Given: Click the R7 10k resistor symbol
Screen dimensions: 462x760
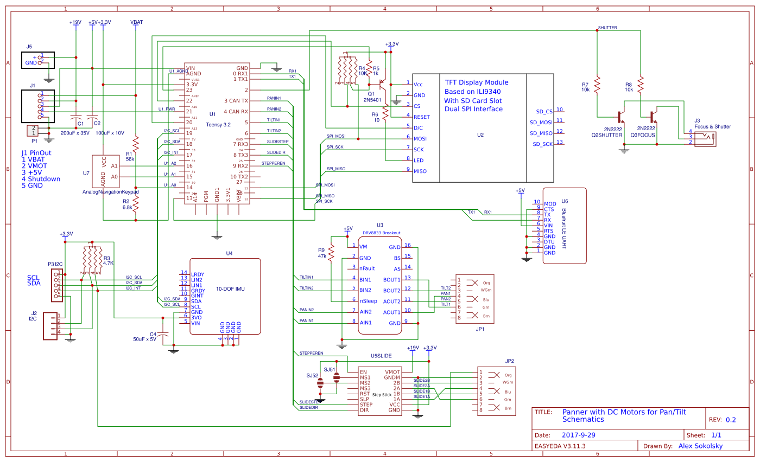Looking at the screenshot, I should [x=597, y=84].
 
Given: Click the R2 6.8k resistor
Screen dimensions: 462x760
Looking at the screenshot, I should [x=136, y=204].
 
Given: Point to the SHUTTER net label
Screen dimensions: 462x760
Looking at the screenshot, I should [x=607, y=27].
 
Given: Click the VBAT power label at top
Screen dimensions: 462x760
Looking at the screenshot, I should [x=137, y=22].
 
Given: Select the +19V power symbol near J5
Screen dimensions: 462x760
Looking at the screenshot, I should [x=75, y=22].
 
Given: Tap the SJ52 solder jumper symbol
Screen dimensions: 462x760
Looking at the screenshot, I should [x=320, y=383].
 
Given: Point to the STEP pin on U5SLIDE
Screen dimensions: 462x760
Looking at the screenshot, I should [x=366, y=405].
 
